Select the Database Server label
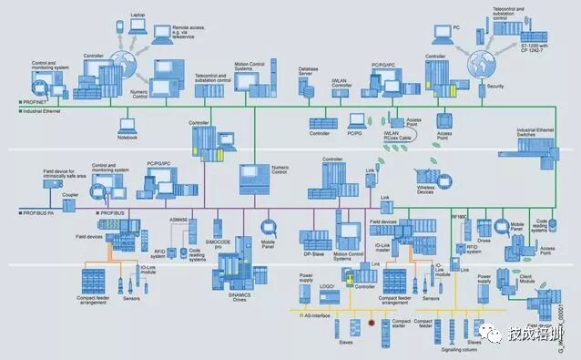[x=311, y=70]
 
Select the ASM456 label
[x=180, y=220]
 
